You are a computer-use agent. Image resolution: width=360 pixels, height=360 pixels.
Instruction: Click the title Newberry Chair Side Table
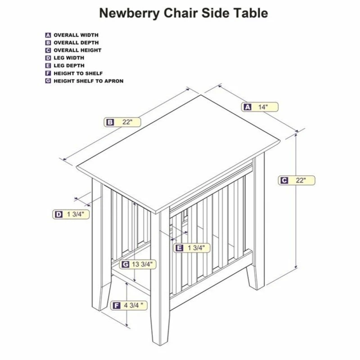183,13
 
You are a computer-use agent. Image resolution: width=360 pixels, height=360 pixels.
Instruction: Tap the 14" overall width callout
260,107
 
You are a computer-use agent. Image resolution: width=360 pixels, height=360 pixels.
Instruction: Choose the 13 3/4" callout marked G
137,264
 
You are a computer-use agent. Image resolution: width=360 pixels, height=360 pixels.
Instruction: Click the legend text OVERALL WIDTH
76,35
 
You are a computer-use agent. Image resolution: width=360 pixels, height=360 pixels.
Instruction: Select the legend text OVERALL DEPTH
76,42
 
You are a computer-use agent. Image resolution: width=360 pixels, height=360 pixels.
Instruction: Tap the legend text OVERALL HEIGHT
77,50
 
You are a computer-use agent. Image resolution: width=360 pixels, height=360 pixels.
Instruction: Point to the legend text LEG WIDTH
69,58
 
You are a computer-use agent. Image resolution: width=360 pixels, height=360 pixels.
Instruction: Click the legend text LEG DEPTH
69,66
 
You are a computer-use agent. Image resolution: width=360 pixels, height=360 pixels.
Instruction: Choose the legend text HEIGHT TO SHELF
78,73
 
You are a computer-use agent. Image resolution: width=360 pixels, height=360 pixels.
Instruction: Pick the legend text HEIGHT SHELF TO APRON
88,81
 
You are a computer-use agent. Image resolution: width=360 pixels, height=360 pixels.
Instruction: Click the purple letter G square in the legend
48,81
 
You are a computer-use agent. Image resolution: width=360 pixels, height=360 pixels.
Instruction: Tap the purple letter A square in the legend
48,35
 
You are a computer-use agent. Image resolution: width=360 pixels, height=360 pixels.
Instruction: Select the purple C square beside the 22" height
284,180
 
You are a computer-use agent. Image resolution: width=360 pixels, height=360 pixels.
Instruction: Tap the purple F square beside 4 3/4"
117,306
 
